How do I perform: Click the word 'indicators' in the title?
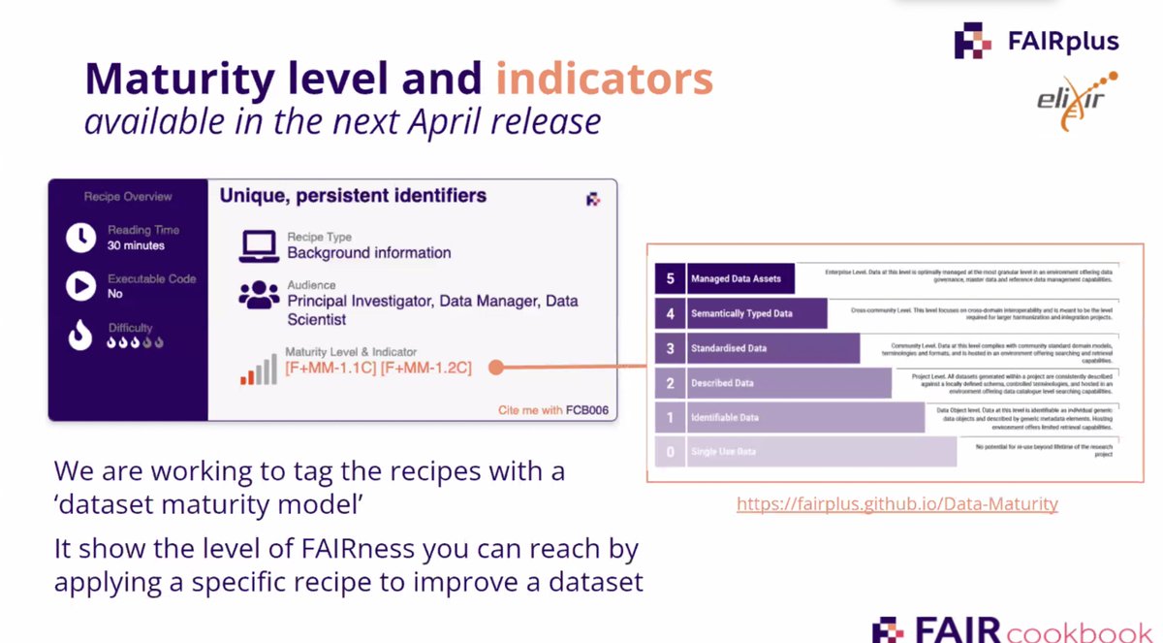(x=605, y=80)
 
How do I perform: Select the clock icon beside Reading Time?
(x=81, y=237)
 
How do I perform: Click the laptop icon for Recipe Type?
(x=260, y=245)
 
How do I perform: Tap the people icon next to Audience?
(x=260, y=297)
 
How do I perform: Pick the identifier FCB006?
(x=587, y=410)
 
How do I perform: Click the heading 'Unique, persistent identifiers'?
(x=353, y=196)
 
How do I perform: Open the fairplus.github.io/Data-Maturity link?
(x=896, y=504)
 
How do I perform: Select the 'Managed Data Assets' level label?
(x=737, y=279)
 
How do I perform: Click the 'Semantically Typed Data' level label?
(x=741, y=313)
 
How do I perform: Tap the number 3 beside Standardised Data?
(x=670, y=348)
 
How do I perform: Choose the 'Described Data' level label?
(x=722, y=383)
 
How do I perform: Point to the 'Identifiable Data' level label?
(x=725, y=418)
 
